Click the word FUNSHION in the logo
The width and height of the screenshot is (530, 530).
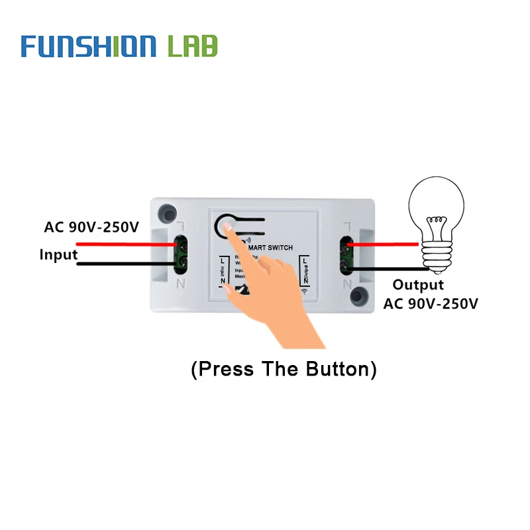click(88, 46)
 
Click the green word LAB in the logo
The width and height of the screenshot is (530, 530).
click(192, 46)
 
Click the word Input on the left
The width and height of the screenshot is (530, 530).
click(58, 254)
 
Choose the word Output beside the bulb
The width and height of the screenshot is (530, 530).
click(418, 285)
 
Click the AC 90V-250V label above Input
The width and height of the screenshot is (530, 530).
click(91, 227)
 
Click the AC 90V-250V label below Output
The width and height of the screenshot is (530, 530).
click(431, 303)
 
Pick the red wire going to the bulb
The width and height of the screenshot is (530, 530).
click(384, 244)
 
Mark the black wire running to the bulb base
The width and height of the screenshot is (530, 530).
click(391, 269)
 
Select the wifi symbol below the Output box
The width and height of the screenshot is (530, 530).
click(305, 291)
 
